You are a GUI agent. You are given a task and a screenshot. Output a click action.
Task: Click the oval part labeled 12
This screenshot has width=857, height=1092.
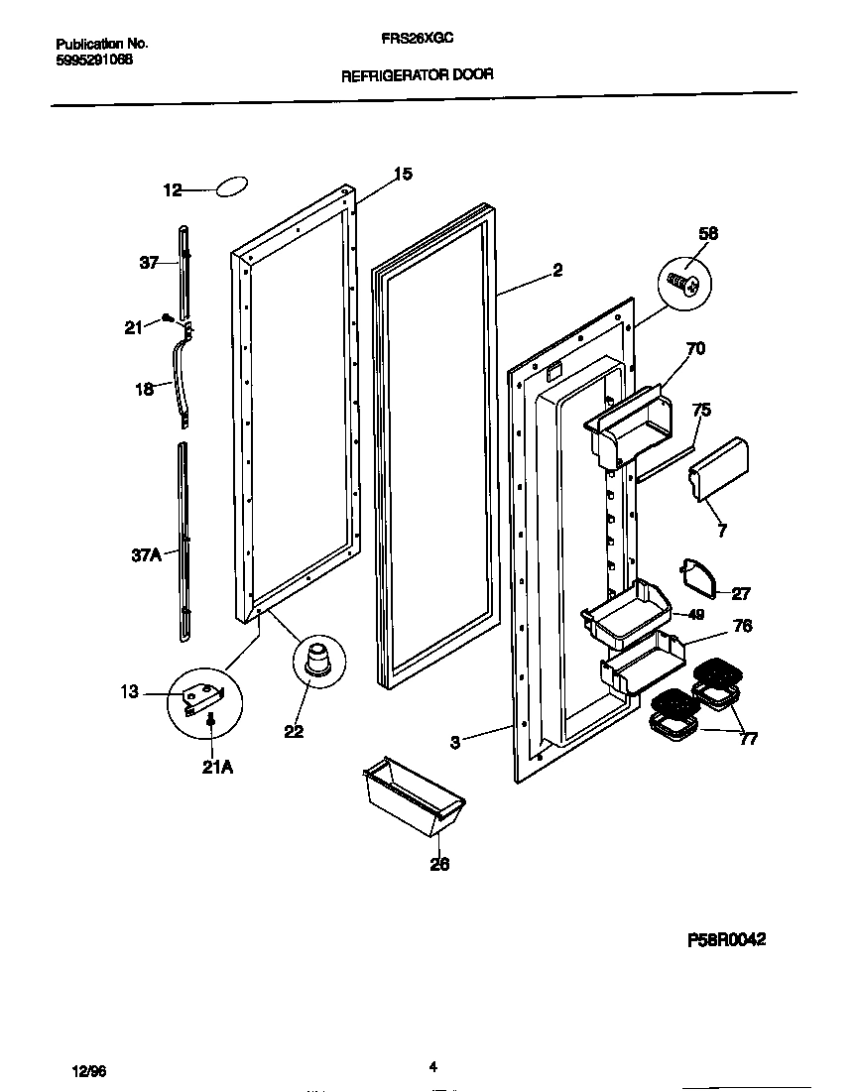230,187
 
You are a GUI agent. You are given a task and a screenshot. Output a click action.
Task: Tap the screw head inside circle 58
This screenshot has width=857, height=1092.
684,284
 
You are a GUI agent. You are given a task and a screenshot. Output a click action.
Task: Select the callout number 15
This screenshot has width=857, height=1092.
402,175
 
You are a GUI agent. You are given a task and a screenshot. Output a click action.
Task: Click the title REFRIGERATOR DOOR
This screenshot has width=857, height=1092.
417,74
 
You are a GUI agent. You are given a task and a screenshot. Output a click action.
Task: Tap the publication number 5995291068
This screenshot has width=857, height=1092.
94,60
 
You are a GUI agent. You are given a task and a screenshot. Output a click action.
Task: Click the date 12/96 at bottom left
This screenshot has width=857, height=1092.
89,1072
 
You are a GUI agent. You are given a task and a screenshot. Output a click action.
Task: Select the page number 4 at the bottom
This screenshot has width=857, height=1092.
432,1067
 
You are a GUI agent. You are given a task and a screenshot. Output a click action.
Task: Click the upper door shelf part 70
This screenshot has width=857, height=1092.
630,422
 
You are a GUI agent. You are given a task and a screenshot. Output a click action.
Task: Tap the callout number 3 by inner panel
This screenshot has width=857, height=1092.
454,741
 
